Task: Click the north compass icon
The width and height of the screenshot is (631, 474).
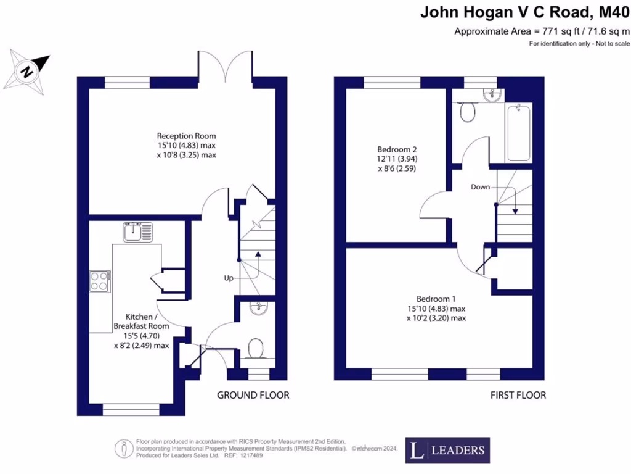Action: click(x=27, y=70)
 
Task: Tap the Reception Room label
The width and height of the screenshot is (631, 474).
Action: click(x=186, y=145)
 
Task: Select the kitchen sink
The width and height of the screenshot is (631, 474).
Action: click(x=137, y=233)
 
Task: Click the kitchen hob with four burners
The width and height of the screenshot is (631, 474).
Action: click(x=100, y=282)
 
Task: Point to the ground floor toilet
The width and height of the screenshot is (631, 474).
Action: click(x=255, y=349)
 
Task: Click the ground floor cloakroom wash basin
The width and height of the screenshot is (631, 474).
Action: click(x=257, y=308)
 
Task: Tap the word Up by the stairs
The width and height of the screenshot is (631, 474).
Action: click(x=229, y=278)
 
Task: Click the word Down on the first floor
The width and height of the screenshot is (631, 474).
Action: click(x=481, y=186)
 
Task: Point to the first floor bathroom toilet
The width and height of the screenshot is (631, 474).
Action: click(x=468, y=112)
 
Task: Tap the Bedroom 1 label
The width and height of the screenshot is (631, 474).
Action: click(x=436, y=307)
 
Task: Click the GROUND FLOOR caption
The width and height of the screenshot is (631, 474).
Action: click(x=253, y=395)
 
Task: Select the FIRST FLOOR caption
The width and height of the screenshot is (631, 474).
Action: click(x=518, y=395)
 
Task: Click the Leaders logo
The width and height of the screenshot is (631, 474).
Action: click(x=447, y=450)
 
